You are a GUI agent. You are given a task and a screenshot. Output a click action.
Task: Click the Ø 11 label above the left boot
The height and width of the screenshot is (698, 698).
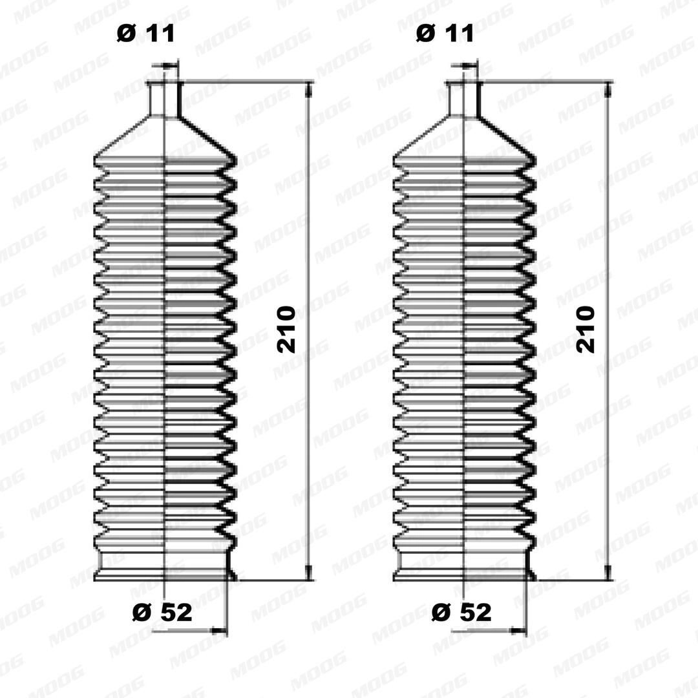(x=146, y=34)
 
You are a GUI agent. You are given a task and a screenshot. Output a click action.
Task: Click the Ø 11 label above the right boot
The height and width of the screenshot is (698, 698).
(x=445, y=34)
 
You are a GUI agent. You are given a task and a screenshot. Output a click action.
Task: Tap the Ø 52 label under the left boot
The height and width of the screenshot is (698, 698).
(x=162, y=612)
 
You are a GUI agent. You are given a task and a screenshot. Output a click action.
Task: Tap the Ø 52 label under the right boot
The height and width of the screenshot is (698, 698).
(x=461, y=612)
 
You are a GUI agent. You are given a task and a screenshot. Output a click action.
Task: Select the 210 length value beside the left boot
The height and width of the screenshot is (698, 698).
(x=286, y=330)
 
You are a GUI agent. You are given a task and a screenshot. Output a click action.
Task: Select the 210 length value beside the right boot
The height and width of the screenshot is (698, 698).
(x=585, y=330)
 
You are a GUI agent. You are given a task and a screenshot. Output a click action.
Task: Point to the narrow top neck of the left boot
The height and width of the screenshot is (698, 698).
(x=165, y=99)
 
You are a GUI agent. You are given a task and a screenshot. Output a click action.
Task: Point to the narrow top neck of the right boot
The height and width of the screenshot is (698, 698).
(x=464, y=99)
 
